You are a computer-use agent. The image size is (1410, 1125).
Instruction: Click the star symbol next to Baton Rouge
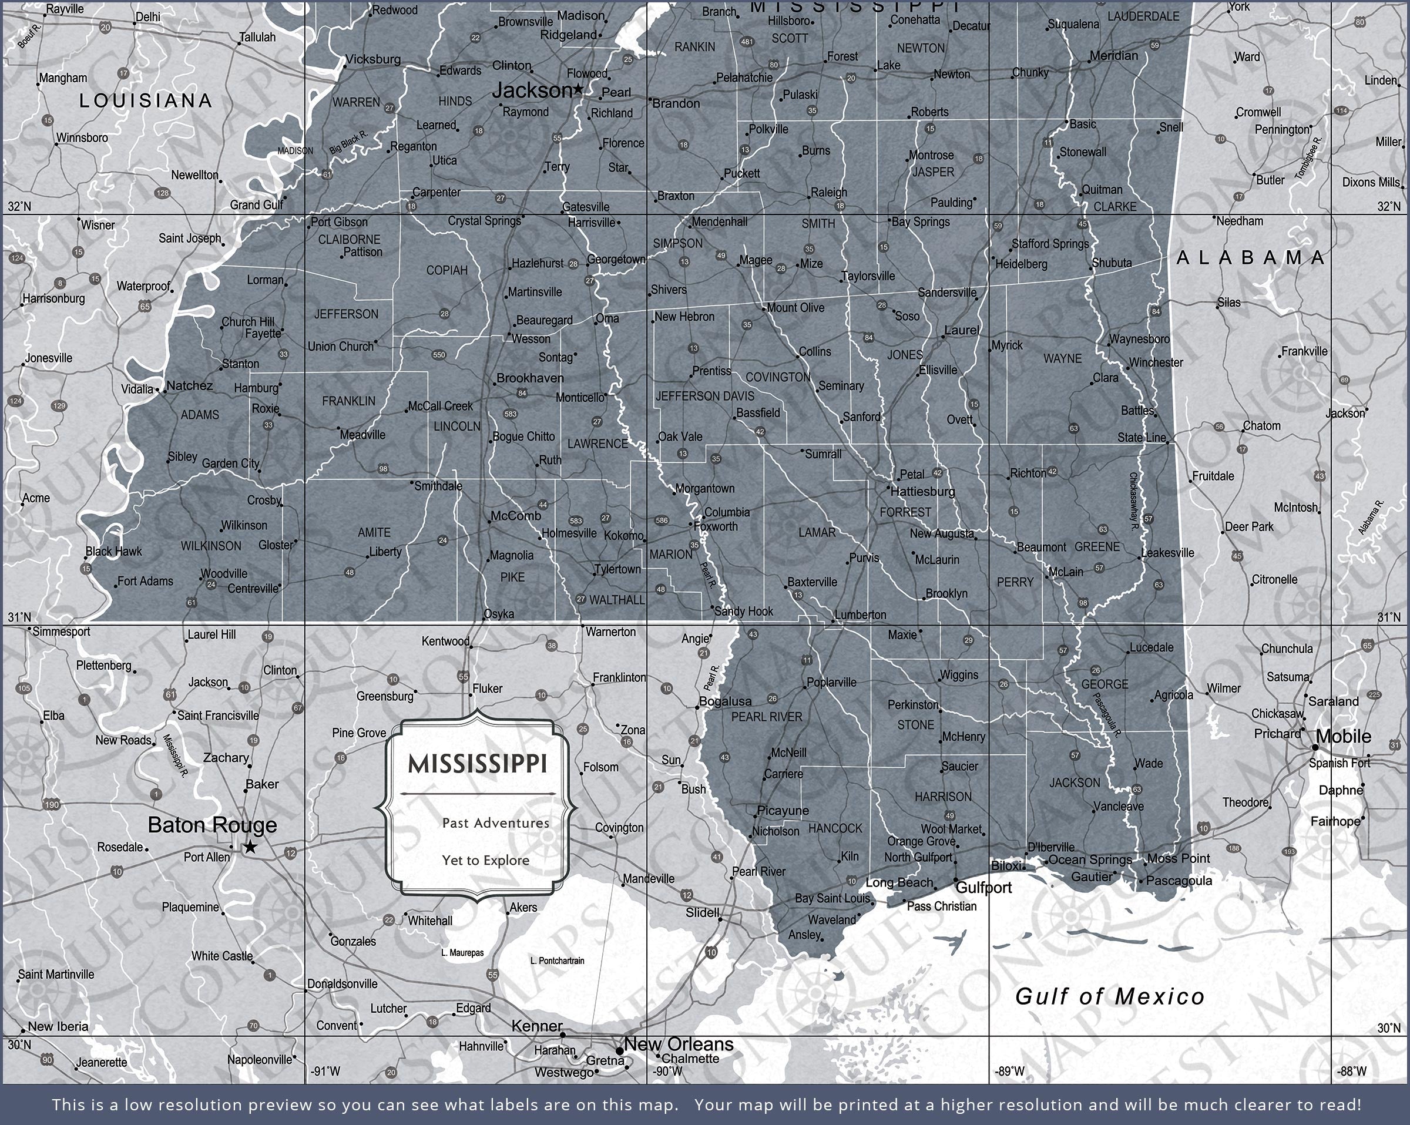click(x=250, y=848)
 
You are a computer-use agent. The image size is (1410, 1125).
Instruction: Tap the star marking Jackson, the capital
click(x=578, y=89)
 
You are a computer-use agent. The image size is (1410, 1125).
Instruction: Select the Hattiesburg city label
click(x=922, y=491)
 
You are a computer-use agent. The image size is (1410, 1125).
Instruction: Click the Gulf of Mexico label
click(x=1109, y=997)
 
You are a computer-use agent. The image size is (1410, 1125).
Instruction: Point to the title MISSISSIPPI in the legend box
click(x=478, y=764)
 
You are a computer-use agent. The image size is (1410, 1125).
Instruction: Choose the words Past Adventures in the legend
click(x=495, y=823)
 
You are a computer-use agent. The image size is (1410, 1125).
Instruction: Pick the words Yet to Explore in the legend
click(x=485, y=860)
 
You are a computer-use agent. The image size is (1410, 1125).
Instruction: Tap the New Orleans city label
click(x=678, y=1044)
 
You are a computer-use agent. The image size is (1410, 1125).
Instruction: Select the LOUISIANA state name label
click(x=146, y=100)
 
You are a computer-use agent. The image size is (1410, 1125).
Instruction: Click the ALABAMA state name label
click(x=1250, y=258)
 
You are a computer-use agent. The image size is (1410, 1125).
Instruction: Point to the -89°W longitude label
click(x=1009, y=1072)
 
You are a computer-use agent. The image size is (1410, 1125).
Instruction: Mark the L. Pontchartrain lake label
click(x=557, y=961)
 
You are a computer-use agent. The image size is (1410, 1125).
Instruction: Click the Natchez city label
click(x=189, y=386)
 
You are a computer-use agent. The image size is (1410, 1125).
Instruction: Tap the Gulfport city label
click(x=983, y=888)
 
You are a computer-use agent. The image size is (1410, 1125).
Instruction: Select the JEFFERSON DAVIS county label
click(x=704, y=397)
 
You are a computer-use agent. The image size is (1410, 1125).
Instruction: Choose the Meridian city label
click(x=1114, y=56)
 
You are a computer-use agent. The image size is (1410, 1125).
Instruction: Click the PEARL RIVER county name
click(x=766, y=717)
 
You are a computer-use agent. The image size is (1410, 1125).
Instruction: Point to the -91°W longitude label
click(x=325, y=1072)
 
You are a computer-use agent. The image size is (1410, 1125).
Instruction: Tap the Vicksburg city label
click(x=373, y=59)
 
